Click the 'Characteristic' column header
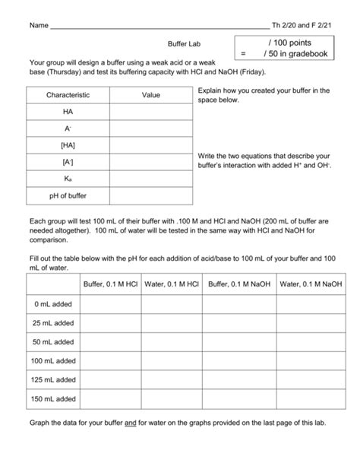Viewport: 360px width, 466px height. click(x=68, y=96)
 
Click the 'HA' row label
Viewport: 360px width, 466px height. click(x=68, y=112)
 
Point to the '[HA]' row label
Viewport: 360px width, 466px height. click(x=68, y=145)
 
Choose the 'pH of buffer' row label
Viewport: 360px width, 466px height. click(x=68, y=195)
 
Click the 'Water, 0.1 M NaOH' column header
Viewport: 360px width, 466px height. click(x=309, y=284)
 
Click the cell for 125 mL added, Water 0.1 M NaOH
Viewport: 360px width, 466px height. click(x=309, y=379)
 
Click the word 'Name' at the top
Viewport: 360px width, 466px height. click(x=37, y=25)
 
